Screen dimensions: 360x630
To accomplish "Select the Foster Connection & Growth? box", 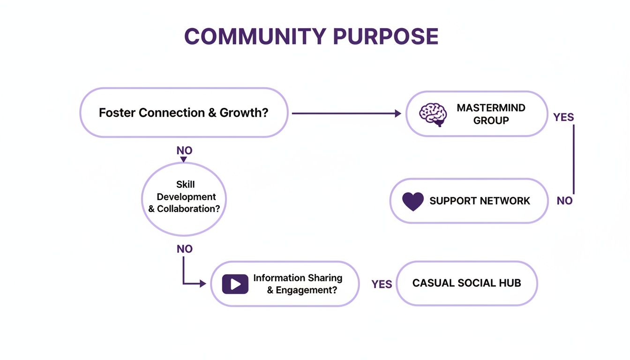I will coord(183,113).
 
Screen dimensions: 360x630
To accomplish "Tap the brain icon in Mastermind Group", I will coord(432,114).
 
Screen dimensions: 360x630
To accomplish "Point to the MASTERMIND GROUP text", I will coord(491,114).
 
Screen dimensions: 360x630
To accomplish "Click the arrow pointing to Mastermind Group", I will coord(347,113).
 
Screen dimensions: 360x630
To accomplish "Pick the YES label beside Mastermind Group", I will coord(563,117).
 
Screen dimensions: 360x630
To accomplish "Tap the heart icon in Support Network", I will coord(413,201).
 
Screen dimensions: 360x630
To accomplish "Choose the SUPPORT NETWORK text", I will coord(480,201).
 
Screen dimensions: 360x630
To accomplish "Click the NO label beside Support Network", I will coord(564,201).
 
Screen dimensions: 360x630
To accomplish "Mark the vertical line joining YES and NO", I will coord(573,159).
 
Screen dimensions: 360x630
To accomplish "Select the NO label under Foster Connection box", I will coord(184,151).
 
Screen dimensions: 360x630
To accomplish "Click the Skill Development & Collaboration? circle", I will coord(184,197).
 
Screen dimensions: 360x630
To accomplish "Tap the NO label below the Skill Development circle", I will coord(184,249).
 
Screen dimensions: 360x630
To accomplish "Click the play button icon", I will coord(235,284).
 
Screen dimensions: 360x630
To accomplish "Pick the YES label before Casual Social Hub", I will coord(382,285).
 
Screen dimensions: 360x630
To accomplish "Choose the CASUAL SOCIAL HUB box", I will coord(466,283).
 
